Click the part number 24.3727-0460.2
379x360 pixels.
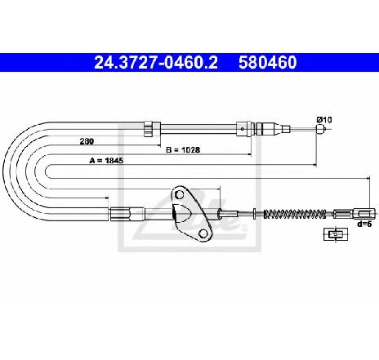point(156,62)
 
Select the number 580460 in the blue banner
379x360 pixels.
point(267,62)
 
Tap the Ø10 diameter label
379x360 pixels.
point(324,119)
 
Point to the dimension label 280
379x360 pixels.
point(87,141)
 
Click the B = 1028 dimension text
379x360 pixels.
point(183,149)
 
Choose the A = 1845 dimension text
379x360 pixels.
point(106,161)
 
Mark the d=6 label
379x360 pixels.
point(364,224)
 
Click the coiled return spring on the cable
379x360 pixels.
point(295,214)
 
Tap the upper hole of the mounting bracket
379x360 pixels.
point(179,194)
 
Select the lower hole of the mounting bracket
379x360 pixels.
point(203,233)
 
